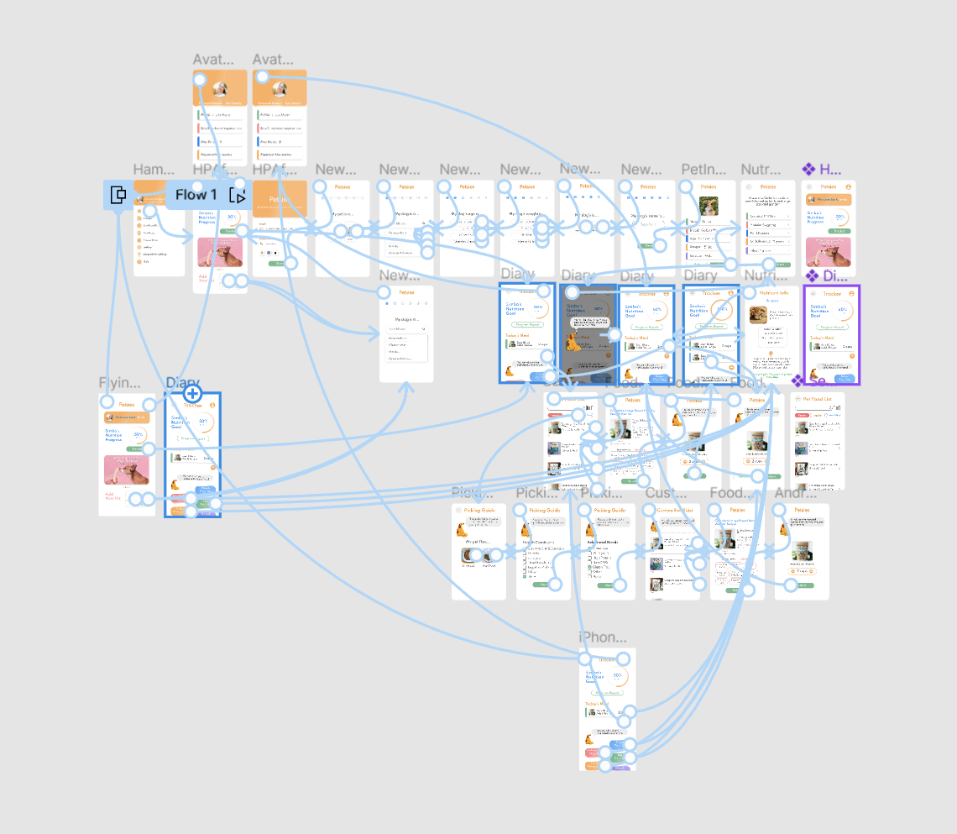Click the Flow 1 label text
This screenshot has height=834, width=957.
pos(196,195)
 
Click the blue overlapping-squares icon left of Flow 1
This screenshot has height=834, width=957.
pos(118,195)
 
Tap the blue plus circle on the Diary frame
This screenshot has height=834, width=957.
pos(192,393)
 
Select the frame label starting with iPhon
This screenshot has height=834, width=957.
pos(603,637)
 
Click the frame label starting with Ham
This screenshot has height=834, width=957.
pos(153,170)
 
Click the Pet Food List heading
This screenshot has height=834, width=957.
pos(817,399)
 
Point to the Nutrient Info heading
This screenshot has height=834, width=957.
pos(773,294)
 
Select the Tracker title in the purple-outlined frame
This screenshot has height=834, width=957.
pos(832,294)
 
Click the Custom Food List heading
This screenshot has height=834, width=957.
pos(674,511)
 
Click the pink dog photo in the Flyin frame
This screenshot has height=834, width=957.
pos(127,470)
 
